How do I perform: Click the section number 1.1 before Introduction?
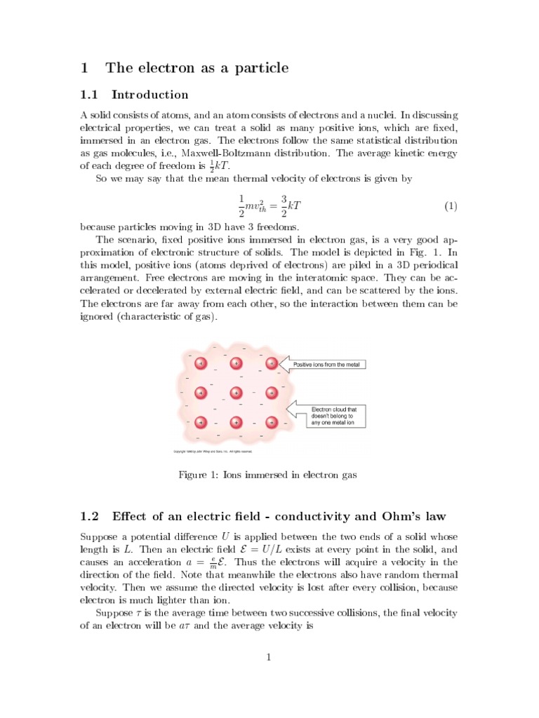click(91, 95)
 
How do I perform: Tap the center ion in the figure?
click(236, 393)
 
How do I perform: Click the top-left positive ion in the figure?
click(201, 364)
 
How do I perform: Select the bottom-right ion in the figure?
click(271, 422)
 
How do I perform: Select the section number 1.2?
click(91, 517)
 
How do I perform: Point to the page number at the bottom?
click(269, 657)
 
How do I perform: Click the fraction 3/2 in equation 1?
click(284, 206)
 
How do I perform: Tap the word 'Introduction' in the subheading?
click(150, 95)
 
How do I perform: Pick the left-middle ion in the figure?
click(201, 393)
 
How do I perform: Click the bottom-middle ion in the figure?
click(236, 422)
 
